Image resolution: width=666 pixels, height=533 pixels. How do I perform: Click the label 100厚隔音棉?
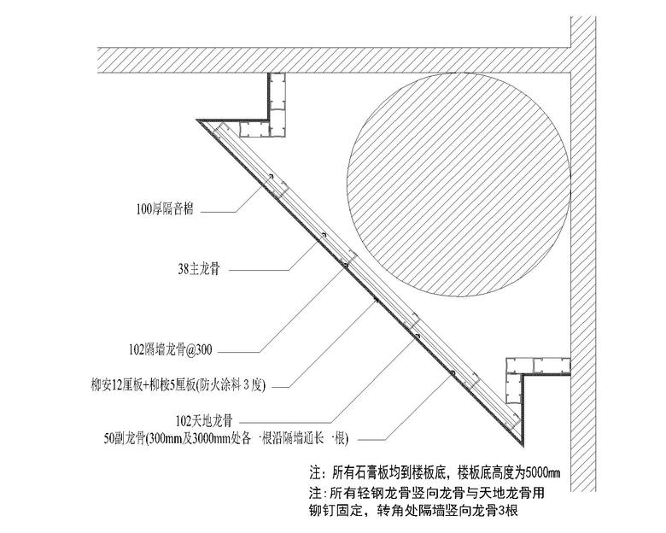coord(165,209)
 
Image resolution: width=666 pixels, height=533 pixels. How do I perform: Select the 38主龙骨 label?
coord(199,269)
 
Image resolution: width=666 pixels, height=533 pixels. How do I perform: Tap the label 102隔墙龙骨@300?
coord(170,350)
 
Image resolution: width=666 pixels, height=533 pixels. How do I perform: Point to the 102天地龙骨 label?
coord(204,421)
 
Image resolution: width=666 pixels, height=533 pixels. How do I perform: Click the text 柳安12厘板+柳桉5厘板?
coord(143,385)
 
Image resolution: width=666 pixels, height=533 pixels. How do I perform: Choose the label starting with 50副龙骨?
coord(226,438)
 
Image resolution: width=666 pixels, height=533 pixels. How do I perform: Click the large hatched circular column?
coord(459,184)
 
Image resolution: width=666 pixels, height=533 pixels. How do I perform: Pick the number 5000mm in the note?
coord(543,472)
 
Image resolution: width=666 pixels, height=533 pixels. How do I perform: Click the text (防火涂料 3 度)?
coord(231,385)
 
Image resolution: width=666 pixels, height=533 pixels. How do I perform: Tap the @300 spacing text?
coord(199,350)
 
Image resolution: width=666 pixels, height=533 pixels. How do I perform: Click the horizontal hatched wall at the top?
coord(334,60)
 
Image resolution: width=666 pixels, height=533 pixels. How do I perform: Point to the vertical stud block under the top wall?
coord(277,105)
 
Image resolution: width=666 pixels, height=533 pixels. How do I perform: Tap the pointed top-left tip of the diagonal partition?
coord(196,120)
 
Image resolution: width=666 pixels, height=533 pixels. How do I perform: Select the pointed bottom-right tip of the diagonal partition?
coord(523,447)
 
